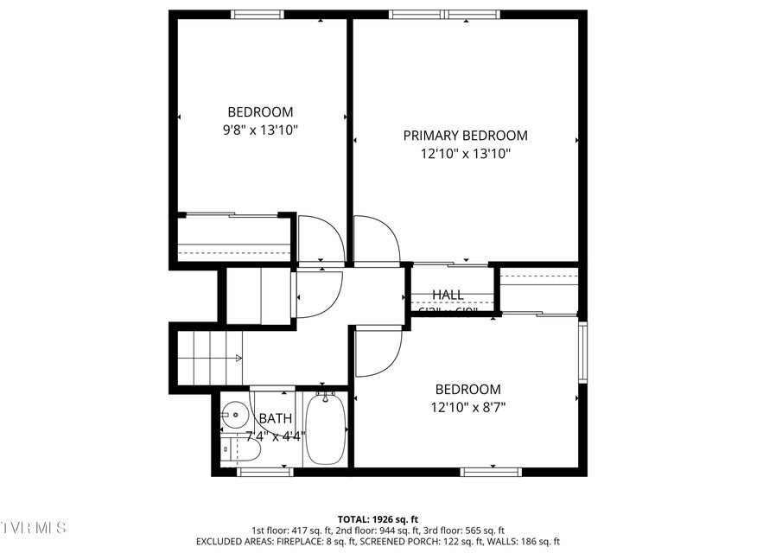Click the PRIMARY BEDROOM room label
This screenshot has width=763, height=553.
(465, 136)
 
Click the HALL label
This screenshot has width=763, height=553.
(448, 295)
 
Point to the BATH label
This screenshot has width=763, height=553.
(275, 418)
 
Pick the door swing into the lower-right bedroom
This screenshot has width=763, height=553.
(378, 352)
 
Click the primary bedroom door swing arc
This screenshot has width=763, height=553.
(376, 239)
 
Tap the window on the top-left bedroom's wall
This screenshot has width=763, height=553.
(258, 14)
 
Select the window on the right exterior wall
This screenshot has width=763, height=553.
(582, 353)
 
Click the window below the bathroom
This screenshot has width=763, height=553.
(264, 472)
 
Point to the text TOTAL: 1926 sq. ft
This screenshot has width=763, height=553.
(378, 518)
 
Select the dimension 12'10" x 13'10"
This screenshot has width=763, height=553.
(466, 154)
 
